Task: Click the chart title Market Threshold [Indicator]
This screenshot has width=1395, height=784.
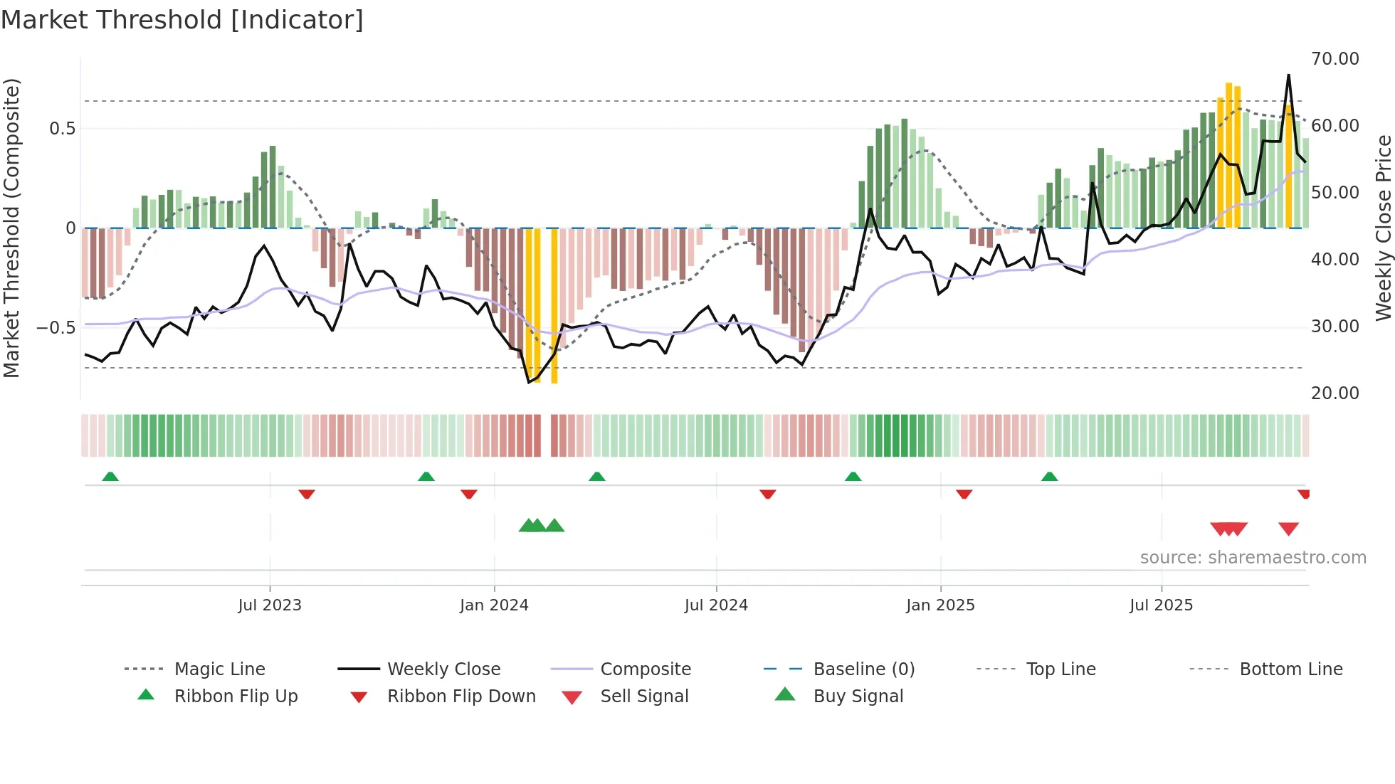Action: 182,20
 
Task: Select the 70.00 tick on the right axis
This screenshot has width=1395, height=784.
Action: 1335,59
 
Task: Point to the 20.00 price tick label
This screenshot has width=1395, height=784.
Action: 1335,393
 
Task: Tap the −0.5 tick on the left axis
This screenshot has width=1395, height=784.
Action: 56,328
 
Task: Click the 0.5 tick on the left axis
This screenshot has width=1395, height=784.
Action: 62,129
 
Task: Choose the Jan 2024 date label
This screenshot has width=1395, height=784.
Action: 494,605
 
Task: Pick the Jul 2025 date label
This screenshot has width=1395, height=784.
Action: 1161,605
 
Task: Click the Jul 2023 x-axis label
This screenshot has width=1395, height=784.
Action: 270,605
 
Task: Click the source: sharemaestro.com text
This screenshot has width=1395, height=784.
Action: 1253,558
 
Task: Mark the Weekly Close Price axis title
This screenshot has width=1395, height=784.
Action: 1383,228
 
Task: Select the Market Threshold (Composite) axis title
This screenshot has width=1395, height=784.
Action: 11,228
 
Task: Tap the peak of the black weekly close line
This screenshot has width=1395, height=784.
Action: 1288,75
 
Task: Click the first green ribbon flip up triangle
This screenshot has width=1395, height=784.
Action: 110,476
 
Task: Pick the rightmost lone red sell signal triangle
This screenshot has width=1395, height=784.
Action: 1288,529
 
